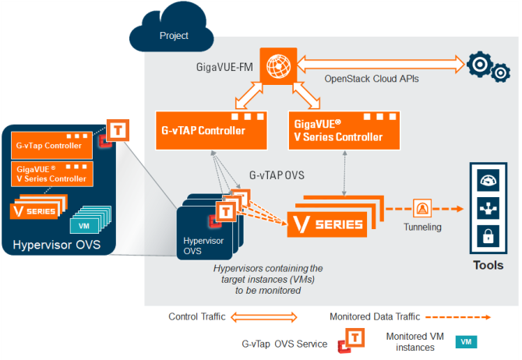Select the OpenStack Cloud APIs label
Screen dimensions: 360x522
(x=372, y=79)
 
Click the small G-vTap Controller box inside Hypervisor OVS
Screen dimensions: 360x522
(x=52, y=145)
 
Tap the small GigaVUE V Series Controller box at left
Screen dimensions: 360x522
(x=52, y=174)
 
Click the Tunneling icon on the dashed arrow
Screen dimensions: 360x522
(x=424, y=208)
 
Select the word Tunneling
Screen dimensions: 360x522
(x=422, y=227)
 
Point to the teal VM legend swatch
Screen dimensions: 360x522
(x=466, y=341)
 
